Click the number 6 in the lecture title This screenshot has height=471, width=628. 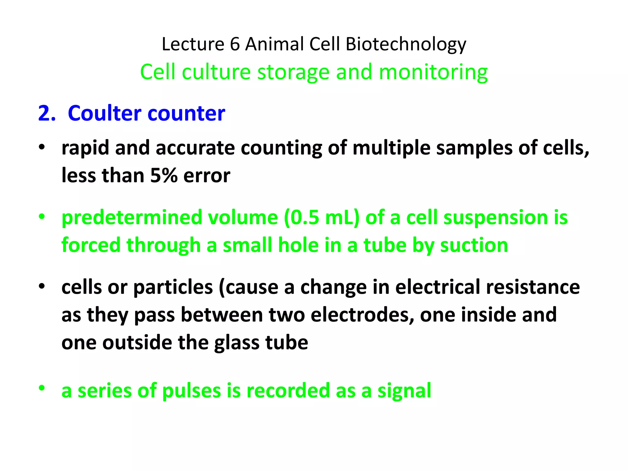pos(235,44)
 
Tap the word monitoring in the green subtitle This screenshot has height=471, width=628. pos(433,72)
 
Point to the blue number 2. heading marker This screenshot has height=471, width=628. pos(47,113)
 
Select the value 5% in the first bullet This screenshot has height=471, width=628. pos(164,176)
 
